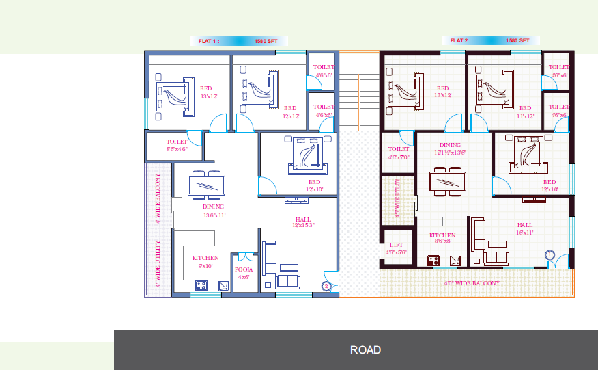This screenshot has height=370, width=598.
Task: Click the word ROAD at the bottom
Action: [365, 349]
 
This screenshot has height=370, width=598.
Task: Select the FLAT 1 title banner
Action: [238, 41]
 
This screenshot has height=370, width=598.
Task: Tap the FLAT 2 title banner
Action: [489, 40]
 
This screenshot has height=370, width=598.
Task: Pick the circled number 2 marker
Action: [326, 286]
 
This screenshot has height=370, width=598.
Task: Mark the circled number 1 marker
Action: [550, 254]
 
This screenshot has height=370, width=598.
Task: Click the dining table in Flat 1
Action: [206, 185]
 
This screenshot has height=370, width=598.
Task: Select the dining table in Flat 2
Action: [447, 182]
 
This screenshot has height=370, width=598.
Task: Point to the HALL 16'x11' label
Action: [524, 228]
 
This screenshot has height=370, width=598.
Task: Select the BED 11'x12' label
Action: [524, 112]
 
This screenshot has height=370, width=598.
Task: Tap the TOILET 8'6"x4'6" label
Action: [176, 145]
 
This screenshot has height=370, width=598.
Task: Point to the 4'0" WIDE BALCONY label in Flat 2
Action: [472, 282]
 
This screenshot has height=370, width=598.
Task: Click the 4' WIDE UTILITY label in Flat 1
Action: [158, 263]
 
